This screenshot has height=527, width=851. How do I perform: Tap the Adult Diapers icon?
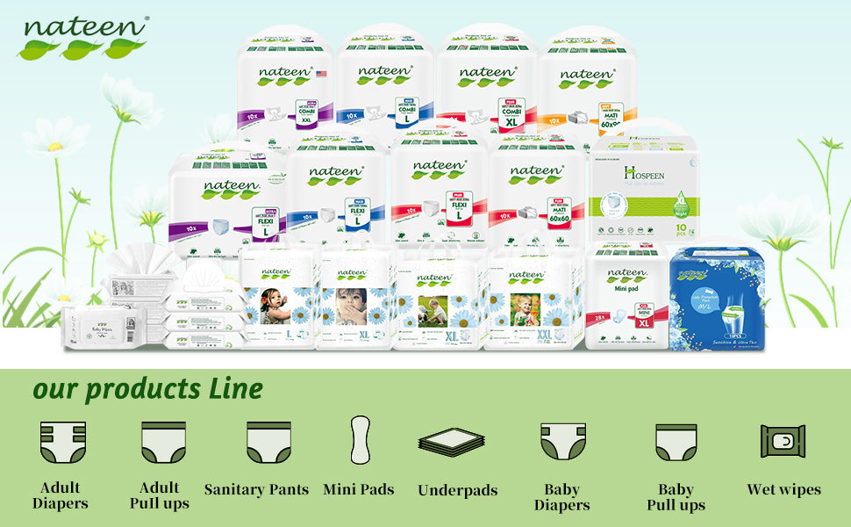point(61,442)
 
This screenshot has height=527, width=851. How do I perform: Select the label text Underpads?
point(457,490)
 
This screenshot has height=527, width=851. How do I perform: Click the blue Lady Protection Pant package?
point(716,299)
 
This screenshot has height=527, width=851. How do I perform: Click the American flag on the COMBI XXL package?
point(321,74)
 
